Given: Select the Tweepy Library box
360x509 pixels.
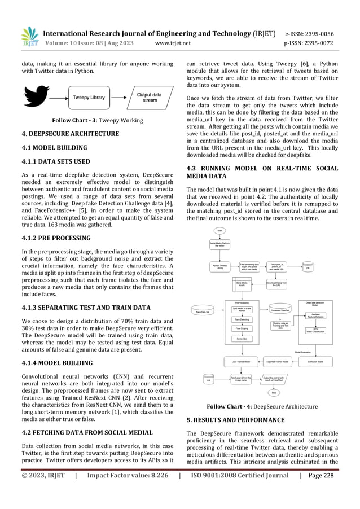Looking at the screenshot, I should coord(89,98).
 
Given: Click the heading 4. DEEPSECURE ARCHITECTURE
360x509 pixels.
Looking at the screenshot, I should coord(63,134).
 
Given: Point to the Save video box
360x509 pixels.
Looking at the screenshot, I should coord(241,339).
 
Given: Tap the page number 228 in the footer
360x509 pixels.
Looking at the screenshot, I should coord(343,492).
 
